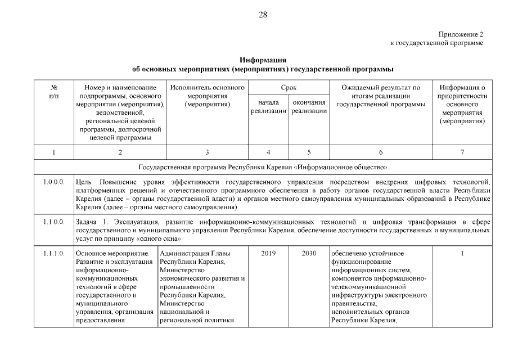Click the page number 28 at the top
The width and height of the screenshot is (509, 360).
point(263,15)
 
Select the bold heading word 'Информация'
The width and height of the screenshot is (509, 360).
point(263,60)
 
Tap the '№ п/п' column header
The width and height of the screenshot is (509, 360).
point(55,92)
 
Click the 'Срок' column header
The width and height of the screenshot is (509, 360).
point(289,88)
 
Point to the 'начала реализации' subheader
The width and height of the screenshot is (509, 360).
point(269,107)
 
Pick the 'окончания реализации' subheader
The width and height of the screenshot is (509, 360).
point(309,107)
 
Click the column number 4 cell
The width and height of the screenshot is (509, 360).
point(268,152)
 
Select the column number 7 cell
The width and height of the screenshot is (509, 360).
point(462,152)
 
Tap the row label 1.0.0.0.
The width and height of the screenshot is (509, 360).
point(55,182)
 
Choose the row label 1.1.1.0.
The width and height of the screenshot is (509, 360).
point(55,254)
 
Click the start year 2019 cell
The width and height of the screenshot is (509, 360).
point(268,254)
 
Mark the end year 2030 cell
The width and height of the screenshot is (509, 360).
point(309,254)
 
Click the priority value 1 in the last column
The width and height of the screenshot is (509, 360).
point(462,254)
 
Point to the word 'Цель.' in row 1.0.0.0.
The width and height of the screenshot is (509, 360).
point(85,182)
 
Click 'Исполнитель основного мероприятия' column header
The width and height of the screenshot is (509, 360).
point(208,96)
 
